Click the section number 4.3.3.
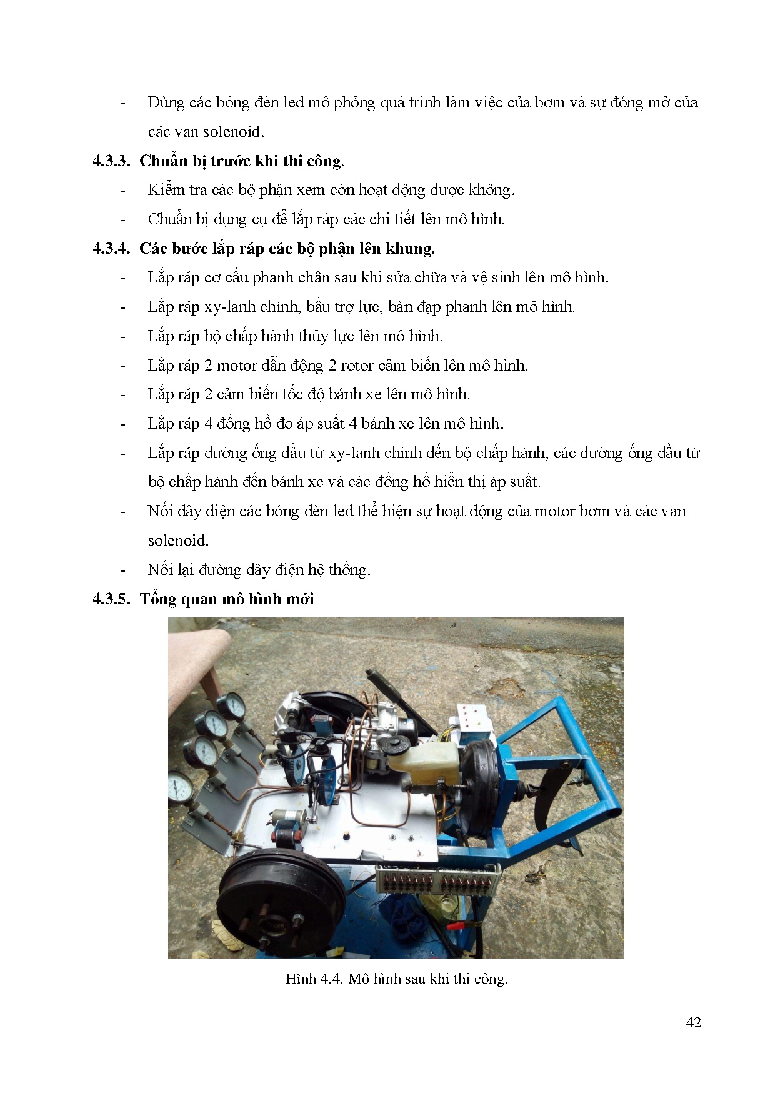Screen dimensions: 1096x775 click(x=111, y=161)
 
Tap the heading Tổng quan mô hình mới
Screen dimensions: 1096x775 click(x=226, y=599)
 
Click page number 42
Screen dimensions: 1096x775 click(x=693, y=1022)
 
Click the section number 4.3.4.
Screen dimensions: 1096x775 click(x=111, y=249)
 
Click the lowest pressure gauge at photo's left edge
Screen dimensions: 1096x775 click(x=181, y=789)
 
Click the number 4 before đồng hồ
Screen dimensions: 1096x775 click(x=208, y=424)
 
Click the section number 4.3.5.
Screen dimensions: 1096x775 click(x=111, y=599)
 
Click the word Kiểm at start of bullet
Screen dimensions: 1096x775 click(x=166, y=190)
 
